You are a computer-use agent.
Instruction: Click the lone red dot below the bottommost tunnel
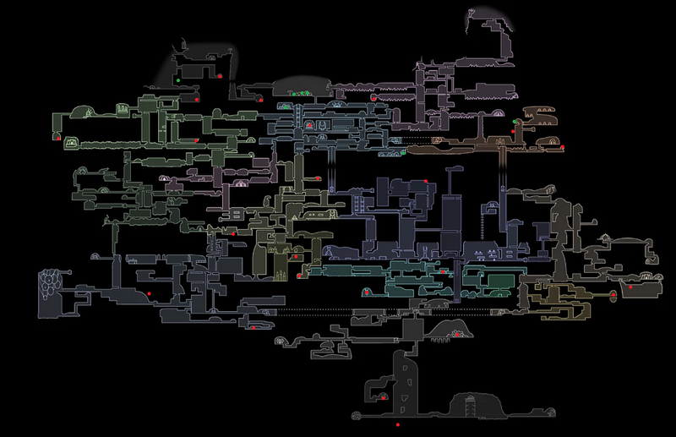pos(397,423)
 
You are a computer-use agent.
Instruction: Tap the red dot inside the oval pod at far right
pos(613,295)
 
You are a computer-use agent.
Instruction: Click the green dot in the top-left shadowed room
pos(179,80)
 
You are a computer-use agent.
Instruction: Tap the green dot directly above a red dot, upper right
pos(515,122)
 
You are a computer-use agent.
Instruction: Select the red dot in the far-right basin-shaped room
pos(630,286)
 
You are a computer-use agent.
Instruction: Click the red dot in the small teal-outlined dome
pos(369,292)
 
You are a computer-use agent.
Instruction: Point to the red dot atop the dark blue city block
pos(426,182)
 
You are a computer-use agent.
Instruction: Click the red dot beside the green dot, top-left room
pos(219,76)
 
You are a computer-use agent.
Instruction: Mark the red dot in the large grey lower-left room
pos(149,292)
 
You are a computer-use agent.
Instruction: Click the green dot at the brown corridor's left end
pos(405,153)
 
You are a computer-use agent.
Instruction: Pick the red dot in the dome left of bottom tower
pos(383,395)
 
